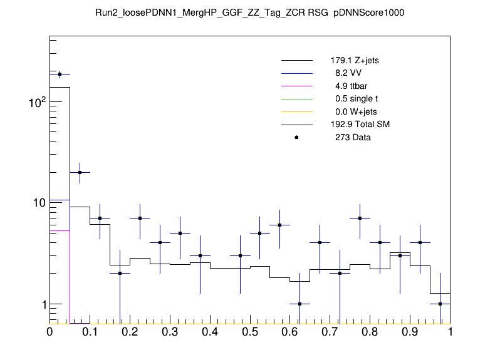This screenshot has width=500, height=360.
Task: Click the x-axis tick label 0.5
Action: pyautogui.click(x=250, y=331)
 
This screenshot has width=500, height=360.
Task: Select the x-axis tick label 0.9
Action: pyautogui.click(x=410, y=331)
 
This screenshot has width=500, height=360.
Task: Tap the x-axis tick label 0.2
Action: pyautogui.click(x=130, y=331)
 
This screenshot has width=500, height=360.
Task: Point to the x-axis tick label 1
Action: pyautogui.click(x=450, y=331)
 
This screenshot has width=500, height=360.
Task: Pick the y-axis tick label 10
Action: pyautogui.click(x=38, y=203)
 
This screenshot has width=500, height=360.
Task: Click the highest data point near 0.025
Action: pyautogui.click(x=60, y=74)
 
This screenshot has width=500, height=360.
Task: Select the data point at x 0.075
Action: pyautogui.click(x=80, y=172)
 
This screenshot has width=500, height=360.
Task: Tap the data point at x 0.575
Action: pyautogui.click(x=280, y=225)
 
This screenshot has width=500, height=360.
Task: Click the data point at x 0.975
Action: pyautogui.click(x=440, y=304)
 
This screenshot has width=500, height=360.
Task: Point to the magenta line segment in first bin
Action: pyautogui.click(x=60, y=231)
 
